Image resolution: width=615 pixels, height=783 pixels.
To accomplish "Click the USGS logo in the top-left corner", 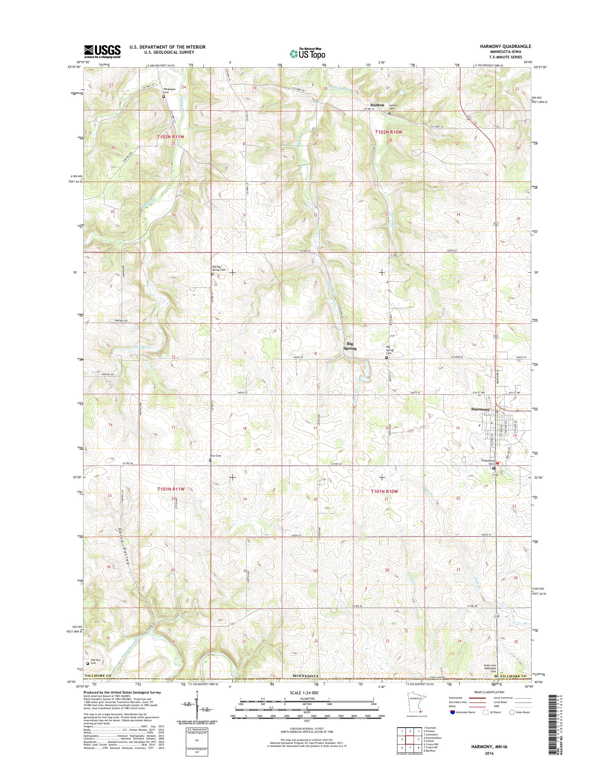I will coord(102,51).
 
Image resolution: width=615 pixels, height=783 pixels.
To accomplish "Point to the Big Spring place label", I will coord(350,346).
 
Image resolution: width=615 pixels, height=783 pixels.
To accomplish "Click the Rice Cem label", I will coord(216,456).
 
